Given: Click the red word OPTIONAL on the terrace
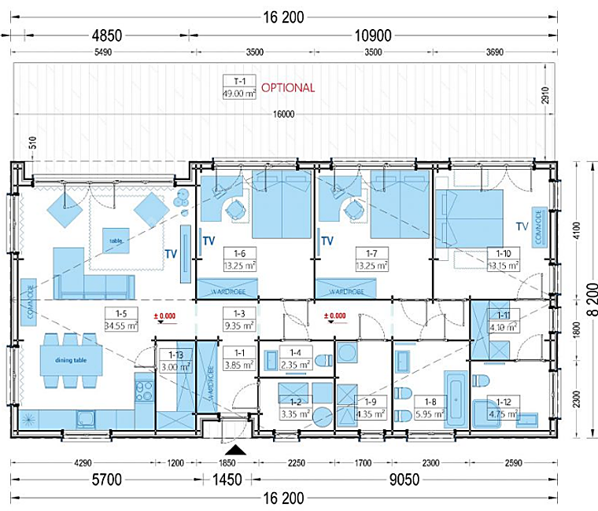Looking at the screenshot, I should (288, 88).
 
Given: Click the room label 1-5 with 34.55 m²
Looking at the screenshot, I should (121, 319).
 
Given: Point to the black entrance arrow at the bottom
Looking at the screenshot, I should (234, 450).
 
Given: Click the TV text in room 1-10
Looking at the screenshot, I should (522, 226).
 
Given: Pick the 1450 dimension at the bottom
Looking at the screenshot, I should (234, 480).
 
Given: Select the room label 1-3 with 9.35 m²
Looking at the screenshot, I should (238, 319).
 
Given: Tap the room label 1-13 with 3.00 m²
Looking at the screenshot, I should (169, 362).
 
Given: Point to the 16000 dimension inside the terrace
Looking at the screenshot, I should (283, 115).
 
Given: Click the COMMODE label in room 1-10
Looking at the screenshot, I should (539, 227).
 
